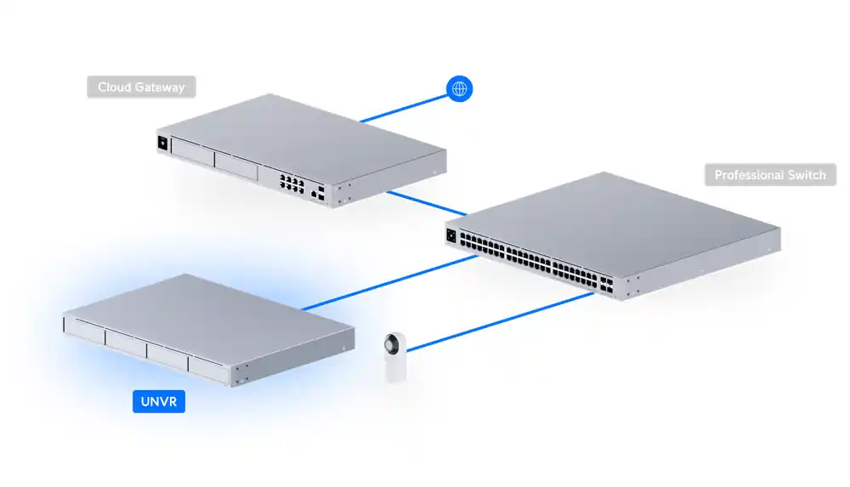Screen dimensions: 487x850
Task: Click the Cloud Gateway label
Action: coord(141,88)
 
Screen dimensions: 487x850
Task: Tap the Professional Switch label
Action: coord(770,175)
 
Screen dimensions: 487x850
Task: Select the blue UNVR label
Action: coord(159,402)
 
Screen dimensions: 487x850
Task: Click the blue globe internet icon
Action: coord(460,88)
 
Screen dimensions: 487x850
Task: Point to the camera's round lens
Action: coord(394,345)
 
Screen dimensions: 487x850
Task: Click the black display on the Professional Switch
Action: coord(450,235)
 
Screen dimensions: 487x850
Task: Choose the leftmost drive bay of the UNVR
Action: coord(84,328)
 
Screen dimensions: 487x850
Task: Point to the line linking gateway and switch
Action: coord(428,203)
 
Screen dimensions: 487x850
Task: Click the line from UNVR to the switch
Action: coord(391,281)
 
